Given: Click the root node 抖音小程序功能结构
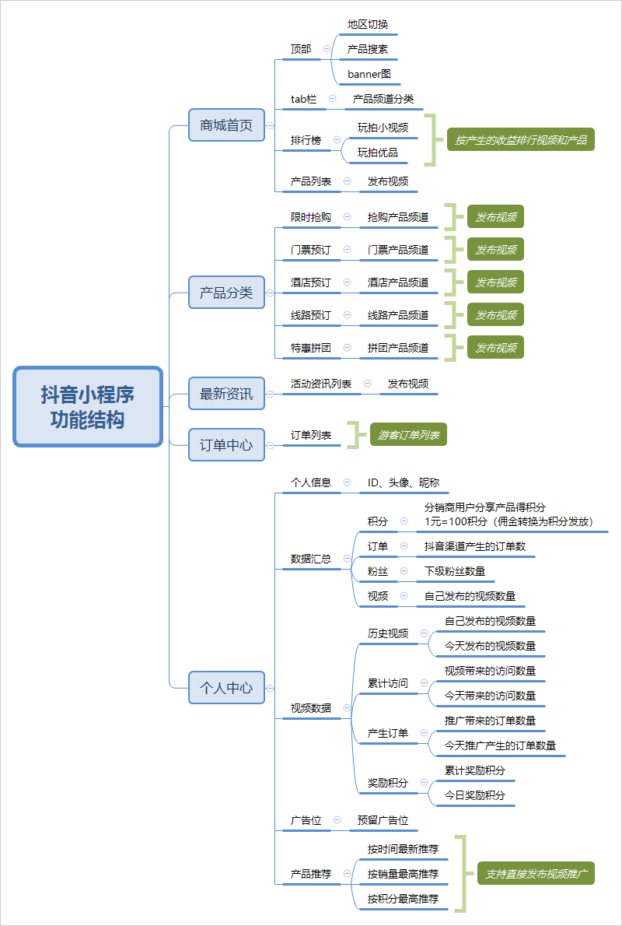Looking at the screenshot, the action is click(x=88, y=406).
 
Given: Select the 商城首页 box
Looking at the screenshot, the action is click(x=226, y=125).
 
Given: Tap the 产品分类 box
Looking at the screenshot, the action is click(x=226, y=293).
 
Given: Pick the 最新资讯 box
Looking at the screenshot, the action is click(x=226, y=393).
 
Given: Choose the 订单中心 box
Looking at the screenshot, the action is click(x=226, y=444).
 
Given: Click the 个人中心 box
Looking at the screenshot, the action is click(x=226, y=687).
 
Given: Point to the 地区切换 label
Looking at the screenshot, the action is click(x=368, y=25).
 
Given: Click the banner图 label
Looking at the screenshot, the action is click(x=369, y=75).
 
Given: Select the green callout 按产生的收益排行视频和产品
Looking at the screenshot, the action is click(x=520, y=140).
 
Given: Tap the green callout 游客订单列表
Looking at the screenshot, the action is click(x=408, y=435).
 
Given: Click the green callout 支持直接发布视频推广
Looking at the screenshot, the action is click(x=536, y=873).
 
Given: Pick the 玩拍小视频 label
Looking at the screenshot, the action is click(x=383, y=128).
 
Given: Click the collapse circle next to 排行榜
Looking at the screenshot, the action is click(x=337, y=141).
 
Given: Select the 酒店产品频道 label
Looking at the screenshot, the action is click(x=398, y=283).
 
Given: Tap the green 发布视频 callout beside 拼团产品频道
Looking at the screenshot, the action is click(x=496, y=348).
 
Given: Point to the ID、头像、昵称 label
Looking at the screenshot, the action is click(x=404, y=482).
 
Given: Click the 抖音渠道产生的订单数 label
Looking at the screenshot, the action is click(x=475, y=546).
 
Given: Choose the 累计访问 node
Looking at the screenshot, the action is click(x=388, y=683).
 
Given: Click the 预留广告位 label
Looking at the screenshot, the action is click(x=383, y=819).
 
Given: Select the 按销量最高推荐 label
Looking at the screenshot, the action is click(x=403, y=873).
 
